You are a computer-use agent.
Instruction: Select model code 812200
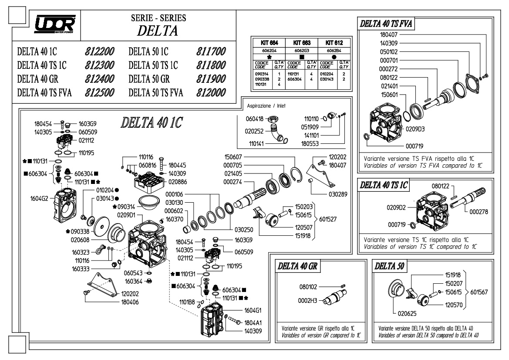tap(100, 51)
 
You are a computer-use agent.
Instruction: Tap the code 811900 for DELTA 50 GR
tap(211, 79)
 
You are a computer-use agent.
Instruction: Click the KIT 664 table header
tap(270, 43)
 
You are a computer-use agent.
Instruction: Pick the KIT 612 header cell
tap(334, 43)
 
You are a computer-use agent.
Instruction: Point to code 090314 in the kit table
tap(262, 74)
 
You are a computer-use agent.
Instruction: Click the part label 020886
tap(178, 182)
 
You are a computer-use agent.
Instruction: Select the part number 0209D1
tap(126, 215)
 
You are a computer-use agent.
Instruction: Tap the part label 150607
tap(233, 157)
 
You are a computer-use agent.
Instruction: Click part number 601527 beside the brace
tap(328, 219)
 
